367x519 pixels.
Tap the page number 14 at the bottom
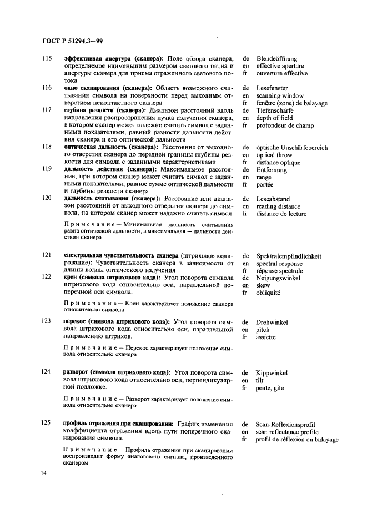click(x=44, y=472)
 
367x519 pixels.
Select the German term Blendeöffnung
click(x=277, y=58)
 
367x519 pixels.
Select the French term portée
click(x=265, y=184)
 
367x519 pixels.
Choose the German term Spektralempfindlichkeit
click(x=289, y=256)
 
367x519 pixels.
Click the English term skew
click(x=263, y=285)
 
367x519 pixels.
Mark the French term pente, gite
click(x=270, y=389)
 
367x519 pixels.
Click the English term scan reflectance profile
click(x=287, y=431)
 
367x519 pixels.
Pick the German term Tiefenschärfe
click(x=275, y=110)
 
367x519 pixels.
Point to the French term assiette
click(x=266, y=337)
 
